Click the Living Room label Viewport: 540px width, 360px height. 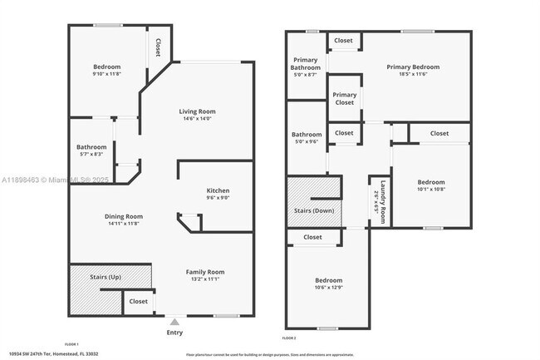(x=197, y=111)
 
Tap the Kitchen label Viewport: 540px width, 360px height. (x=218, y=191)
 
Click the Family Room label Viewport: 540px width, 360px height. (x=204, y=272)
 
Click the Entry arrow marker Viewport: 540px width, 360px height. (x=174, y=320)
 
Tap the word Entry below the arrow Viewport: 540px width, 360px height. (x=174, y=332)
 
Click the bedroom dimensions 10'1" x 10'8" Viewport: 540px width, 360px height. (x=430, y=190)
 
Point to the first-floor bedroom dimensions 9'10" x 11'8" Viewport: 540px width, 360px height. (x=106, y=75)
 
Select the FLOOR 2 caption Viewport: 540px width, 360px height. (x=289, y=338)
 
